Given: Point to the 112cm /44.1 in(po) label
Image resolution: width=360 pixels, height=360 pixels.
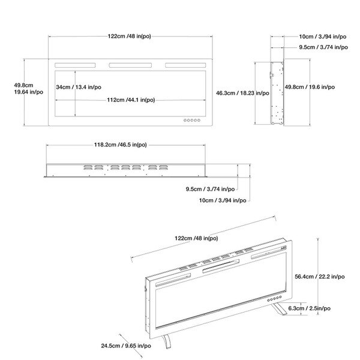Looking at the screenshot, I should click(x=131, y=100).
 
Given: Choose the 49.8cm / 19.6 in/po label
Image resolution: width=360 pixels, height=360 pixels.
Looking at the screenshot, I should click(x=310, y=87).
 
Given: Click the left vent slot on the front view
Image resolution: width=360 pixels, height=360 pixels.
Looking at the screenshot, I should click(x=76, y=65).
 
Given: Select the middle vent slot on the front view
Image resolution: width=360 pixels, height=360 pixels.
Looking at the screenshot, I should click(x=131, y=65).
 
